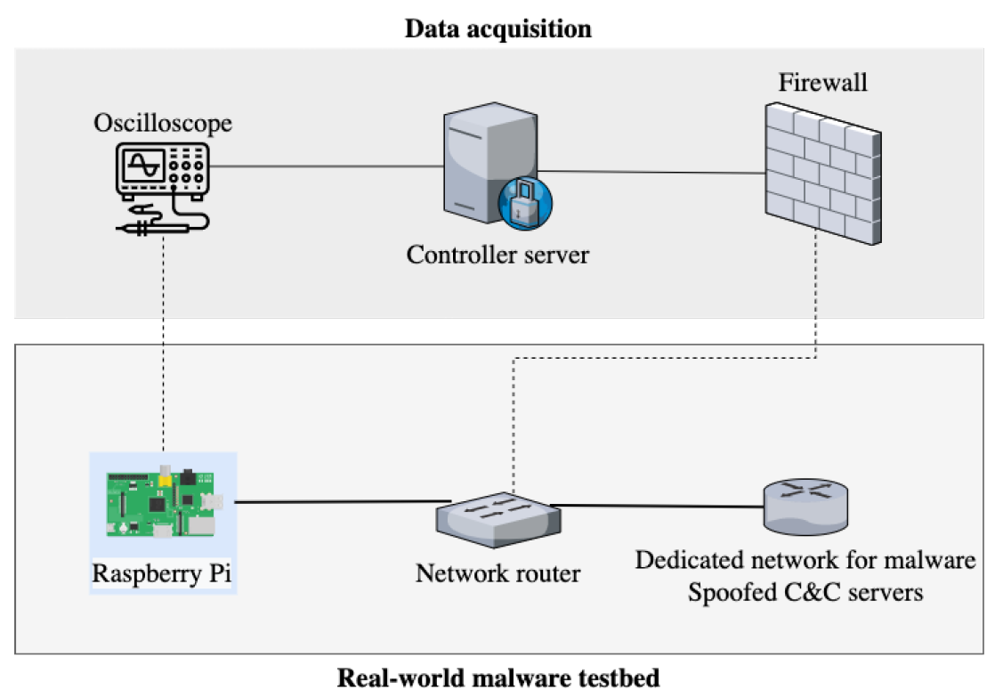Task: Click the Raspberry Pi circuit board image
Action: click(163, 503)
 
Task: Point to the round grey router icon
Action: click(805, 507)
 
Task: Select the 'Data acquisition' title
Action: click(497, 28)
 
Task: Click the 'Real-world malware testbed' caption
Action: click(498, 678)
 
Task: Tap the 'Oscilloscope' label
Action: click(163, 123)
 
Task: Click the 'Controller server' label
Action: click(497, 255)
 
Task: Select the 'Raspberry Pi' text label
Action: click(162, 572)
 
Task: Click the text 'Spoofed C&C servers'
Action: click(805, 590)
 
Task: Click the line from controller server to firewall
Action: click(650, 172)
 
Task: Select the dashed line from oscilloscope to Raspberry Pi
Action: click(165, 347)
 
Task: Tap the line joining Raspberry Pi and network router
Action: click(343, 502)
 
